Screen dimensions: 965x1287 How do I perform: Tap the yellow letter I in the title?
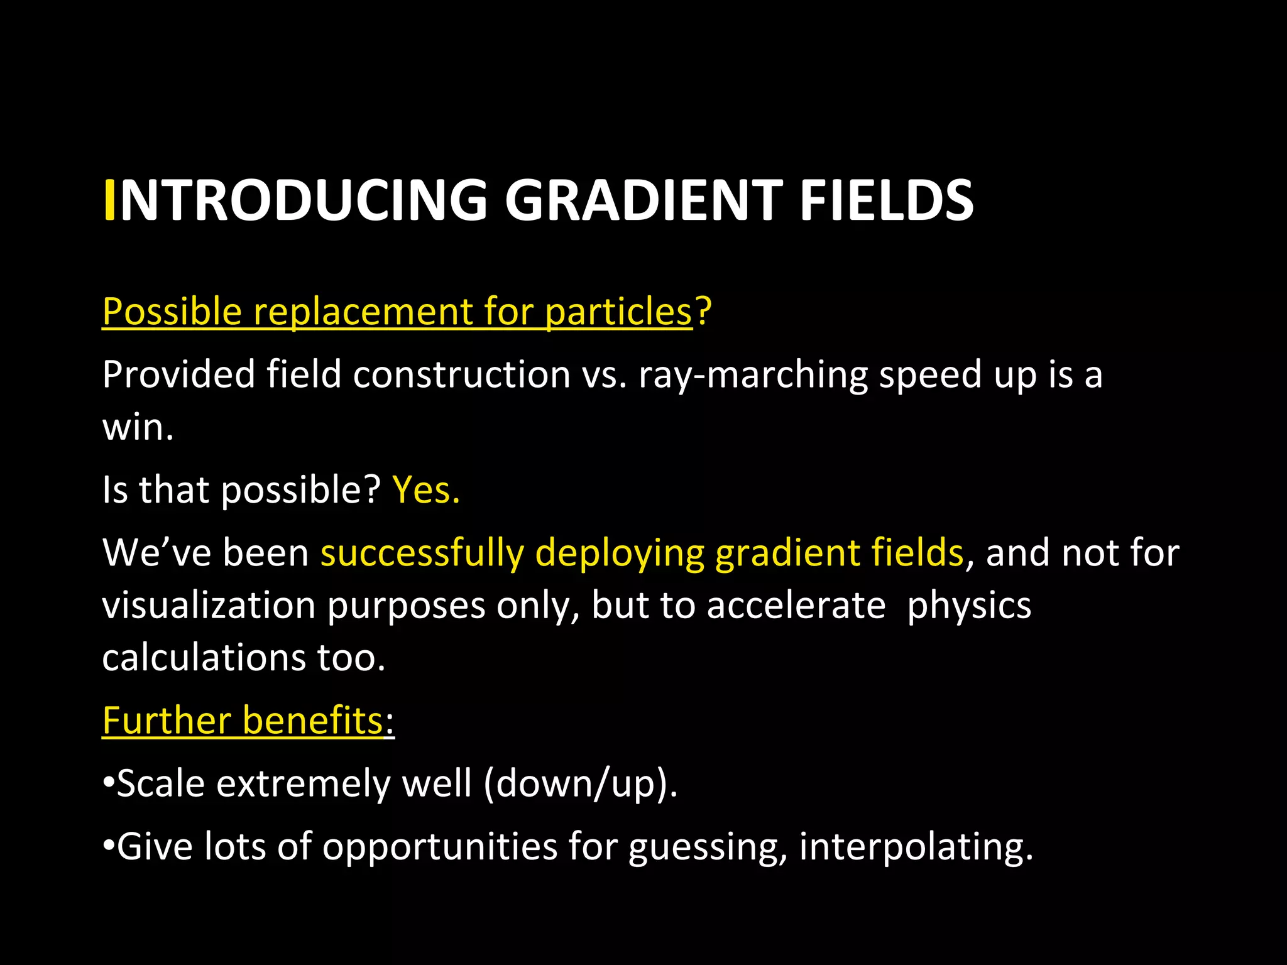109,200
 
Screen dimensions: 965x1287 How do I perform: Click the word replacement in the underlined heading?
361,312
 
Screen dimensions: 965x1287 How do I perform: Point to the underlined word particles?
618,312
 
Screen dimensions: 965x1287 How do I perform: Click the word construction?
461,375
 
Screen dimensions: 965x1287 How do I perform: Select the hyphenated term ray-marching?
752,375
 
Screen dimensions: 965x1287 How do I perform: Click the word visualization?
209,606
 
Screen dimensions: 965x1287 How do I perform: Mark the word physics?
969,606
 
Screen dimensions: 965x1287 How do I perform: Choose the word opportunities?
439,847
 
